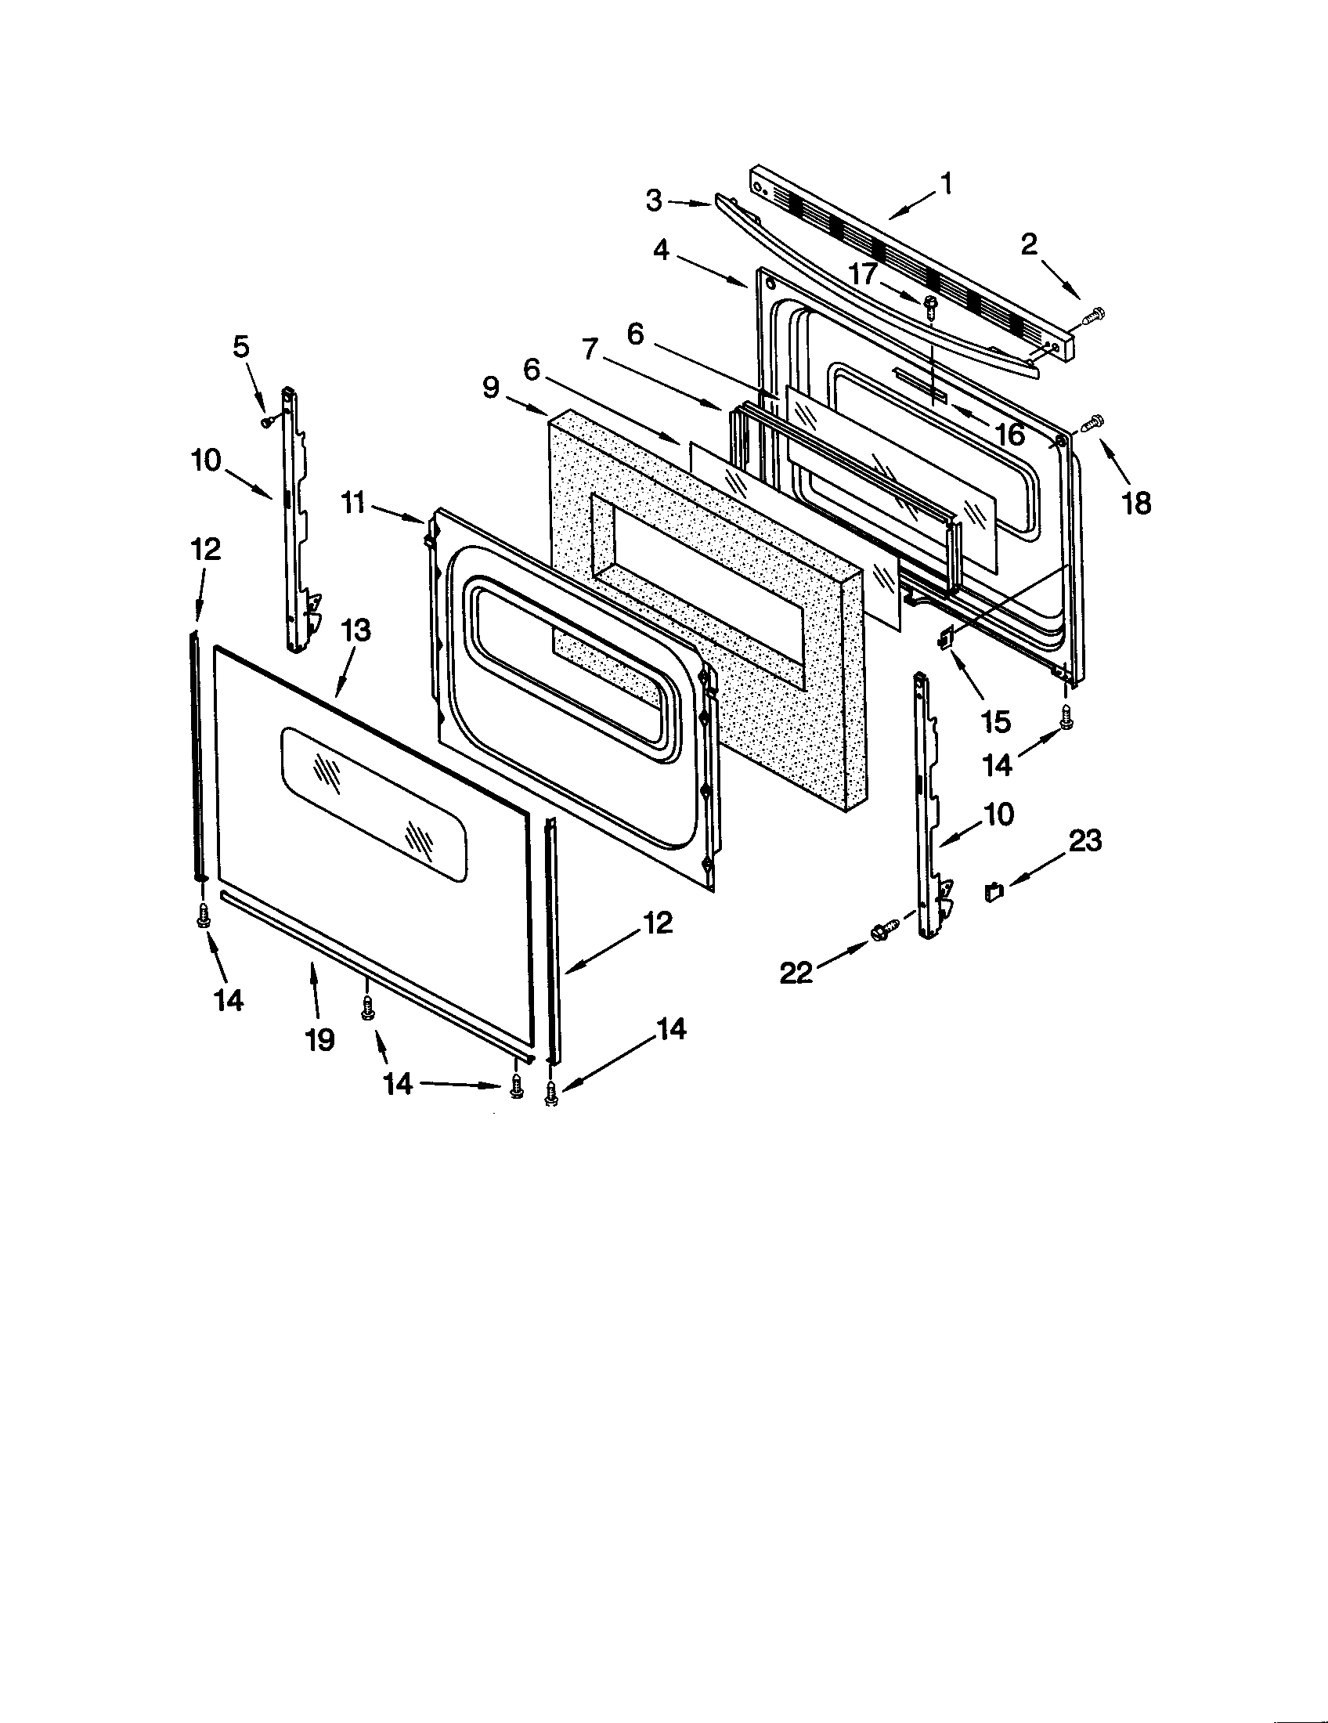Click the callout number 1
947,184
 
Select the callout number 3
654,201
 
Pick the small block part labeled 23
994,892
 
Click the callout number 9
491,388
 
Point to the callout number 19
319,1040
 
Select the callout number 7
590,349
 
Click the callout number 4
661,251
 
